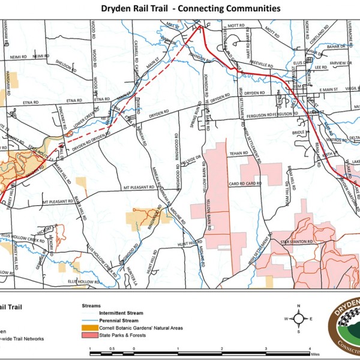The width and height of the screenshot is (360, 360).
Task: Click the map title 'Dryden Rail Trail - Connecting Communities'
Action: (x=179, y=8)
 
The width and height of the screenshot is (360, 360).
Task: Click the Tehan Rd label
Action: (x=237, y=153)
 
